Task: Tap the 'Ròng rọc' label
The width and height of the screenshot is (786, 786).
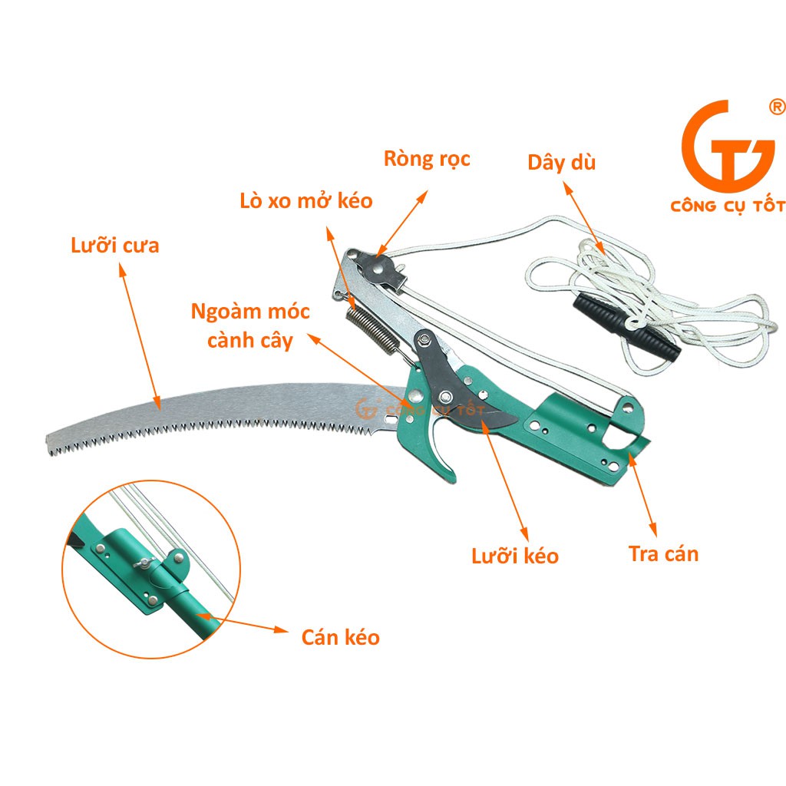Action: pyautogui.click(x=427, y=159)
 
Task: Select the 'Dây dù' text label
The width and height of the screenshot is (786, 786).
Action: pyautogui.click(x=561, y=163)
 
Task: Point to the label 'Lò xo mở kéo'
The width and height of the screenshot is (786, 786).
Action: pyautogui.click(x=305, y=201)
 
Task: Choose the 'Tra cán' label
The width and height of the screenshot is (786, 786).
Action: pyautogui.click(x=663, y=553)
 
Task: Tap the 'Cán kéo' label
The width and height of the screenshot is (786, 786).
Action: pyautogui.click(x=340, y=636)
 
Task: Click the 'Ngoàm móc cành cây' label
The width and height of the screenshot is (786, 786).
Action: pyautogui.click(x=251, y=325)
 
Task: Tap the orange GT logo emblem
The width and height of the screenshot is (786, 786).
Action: pyautogui.click(x=717, y=145)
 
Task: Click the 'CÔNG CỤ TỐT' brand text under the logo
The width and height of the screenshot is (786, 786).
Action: pyautogui.click(x=728, y=206)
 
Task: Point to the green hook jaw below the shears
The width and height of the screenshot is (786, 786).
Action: pyautogui.click(x=442, y=457)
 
